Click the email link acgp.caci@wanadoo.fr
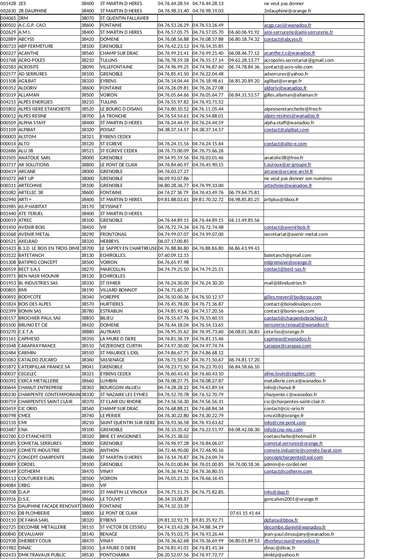coord(288,25)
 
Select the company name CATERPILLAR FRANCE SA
coord(44,367)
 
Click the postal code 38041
coord(88,367)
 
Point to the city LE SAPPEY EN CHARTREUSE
coord(129,248)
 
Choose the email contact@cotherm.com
coord(288,471)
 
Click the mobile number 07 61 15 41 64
coord(245,513)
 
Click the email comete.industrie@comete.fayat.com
coord(303,450)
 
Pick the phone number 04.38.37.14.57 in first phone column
coord(173,130)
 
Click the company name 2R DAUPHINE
coord(33,11)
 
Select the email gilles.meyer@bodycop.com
coord(293,297)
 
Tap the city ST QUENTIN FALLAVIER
coord(124,18)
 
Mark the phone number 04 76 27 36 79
coord(173,192)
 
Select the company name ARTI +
coord(25,200)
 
